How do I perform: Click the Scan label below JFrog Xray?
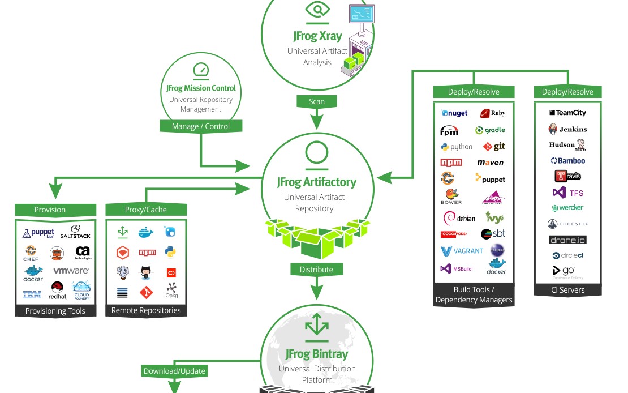317,101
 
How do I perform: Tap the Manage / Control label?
201,126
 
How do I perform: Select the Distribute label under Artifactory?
317,269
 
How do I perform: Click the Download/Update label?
174,371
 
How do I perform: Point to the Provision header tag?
50,210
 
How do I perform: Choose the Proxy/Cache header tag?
146,210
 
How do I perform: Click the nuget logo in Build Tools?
454,113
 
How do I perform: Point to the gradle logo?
490,130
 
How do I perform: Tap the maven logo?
490,163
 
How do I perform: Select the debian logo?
459,218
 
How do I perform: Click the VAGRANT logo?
462,250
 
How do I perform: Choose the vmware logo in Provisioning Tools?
71,271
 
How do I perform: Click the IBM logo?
32,294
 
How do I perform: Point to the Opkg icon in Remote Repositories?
171,291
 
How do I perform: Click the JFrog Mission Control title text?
201,88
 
